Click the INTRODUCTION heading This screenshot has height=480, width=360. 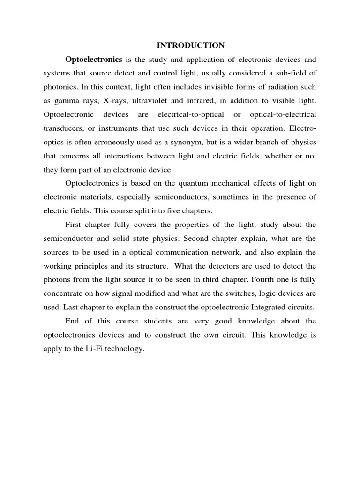pos(190,45)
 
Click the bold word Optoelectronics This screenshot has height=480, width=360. pos(94,60)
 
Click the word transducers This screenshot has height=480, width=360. pos(65,128)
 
